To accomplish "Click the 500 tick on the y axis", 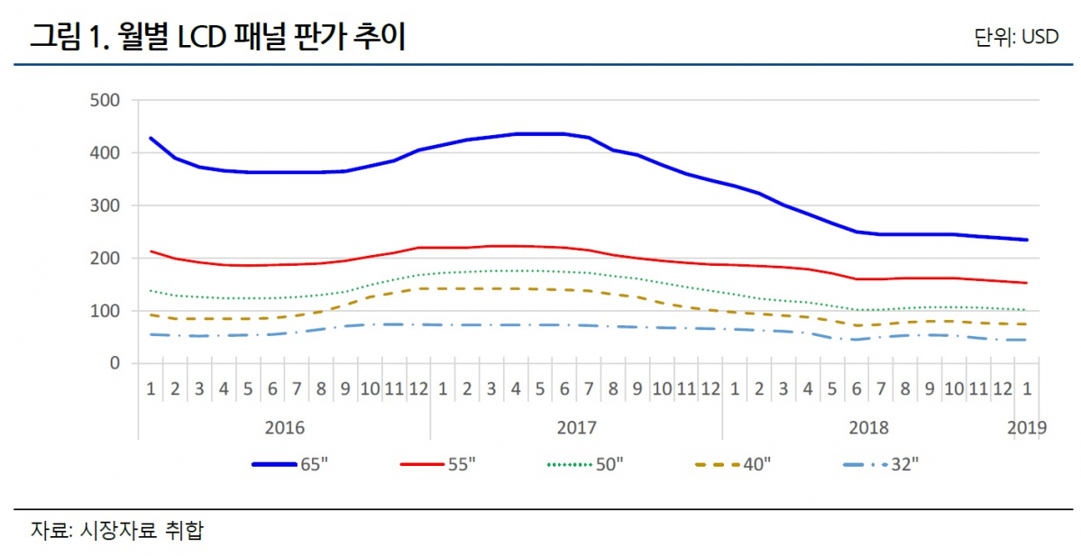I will click(x=106, y=100).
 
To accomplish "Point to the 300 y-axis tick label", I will click(x=106, y=205).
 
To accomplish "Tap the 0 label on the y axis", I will click(x=115, y=363).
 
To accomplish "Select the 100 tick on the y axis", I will click(x=106, y=311).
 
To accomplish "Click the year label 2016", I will click(x=285, y=426).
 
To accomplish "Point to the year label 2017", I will click(x=577, y=426).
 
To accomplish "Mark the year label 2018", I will click(x=869, y=426).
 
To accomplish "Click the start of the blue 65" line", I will click(x=151, y=138).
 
